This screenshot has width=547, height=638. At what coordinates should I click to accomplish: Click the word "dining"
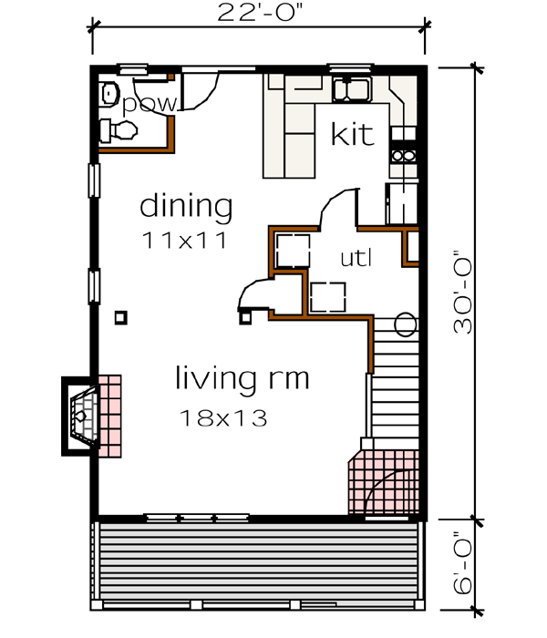pyautogui.click(x=185, y=206)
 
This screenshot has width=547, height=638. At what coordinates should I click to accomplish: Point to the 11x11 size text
pyautogui.click(x=183, y=241)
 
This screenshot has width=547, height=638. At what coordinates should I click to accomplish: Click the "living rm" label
pyautogui.click(x=242, y=377)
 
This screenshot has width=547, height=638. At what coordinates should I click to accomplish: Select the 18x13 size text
pyautogui.click(x=223, y=418)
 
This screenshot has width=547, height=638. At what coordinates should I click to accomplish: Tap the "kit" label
pyautogui.click(x=352, y=135)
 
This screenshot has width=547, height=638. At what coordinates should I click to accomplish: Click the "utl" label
pyautogui.click(x=356, y=259)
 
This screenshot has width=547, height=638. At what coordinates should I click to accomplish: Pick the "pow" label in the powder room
pyautogui.click(x=149, y=104)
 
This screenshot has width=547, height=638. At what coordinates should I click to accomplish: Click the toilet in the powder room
pyautogui.click(x=109, y=92)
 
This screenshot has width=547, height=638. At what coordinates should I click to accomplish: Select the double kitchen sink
pyautogui.click(x=351, y=90)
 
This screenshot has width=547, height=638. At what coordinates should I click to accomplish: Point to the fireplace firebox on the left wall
pyautogui.click(x=82, y=415)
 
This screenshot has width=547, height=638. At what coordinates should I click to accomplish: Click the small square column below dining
pyautogui.click(x=120, y=316)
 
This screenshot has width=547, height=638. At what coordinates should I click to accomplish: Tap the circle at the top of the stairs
pyautogui.click(x=406, y=324)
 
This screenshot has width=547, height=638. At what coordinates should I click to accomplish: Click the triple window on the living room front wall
pyautogui.click(x=198, y=518)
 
